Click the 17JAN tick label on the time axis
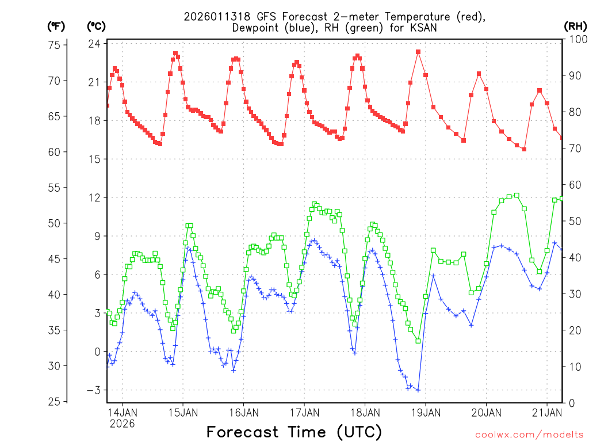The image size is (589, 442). [304, 412]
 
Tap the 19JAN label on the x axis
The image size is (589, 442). [425, 412]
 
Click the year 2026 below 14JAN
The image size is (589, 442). [122, 424]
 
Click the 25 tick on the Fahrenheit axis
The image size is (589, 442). [56, 402]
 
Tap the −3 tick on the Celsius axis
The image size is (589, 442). [94, 390]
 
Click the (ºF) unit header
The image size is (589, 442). [56, 26]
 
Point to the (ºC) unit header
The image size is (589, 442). [96, 26]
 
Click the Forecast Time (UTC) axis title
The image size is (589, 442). [294, 432]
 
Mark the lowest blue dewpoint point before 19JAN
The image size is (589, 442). [418, 390]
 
